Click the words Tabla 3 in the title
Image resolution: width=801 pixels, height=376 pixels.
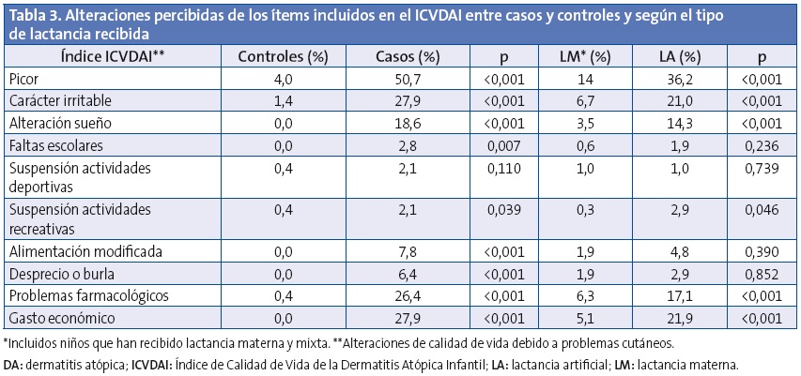click(x=32, y=15)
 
